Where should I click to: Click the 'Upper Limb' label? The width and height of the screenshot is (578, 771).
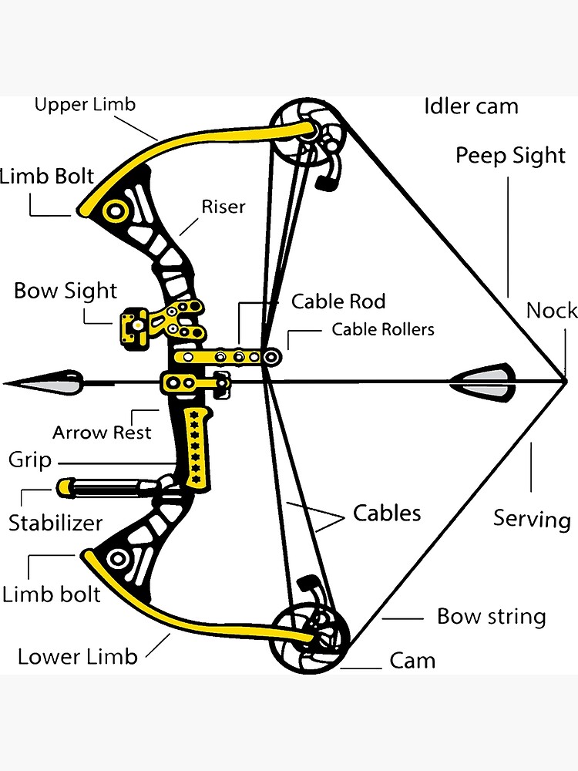85,104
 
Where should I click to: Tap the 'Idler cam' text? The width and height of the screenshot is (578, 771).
471,106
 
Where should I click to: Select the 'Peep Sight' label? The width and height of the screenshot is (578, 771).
510,156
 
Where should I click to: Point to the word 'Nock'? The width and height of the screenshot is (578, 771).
551,311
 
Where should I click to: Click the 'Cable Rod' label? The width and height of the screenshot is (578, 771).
338,301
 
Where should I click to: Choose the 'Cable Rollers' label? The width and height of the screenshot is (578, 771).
383,330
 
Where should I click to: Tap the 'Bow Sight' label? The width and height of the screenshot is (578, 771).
66,291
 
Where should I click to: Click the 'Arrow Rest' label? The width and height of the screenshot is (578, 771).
102,433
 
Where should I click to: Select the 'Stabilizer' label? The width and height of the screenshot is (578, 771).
55,523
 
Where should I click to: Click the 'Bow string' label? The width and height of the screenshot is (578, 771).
491,617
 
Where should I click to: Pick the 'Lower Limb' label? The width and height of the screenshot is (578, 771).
77,657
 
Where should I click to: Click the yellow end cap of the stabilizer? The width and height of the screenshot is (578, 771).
64,487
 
